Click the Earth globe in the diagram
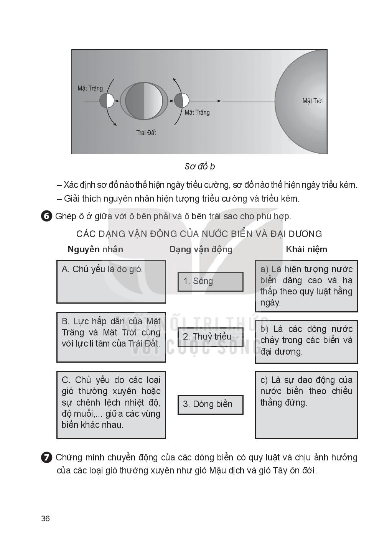tap(144, 101)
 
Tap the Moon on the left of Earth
tap(107, 101)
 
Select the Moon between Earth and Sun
tap(181, 100)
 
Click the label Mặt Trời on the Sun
tap(312, 101)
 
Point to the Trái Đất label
tap(146, 133)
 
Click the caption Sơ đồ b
tap(199, 166)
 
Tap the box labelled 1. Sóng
tap(210, 281)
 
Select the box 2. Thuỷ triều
tap(210, 337)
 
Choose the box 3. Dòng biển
tap(210, 404)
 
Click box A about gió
tap(111, 281)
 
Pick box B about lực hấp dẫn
tap(111, 337)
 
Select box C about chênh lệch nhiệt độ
tap(111, 404)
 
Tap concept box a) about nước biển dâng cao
tap(306, 286)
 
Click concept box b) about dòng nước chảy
tap(306, 341)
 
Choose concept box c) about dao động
tap(306, 404)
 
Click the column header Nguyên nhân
tap(95, 249)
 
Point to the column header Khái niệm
tap(306, 249)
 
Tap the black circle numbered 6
tap(46, 216)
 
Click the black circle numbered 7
tap(46, 457)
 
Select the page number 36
tap(45, 519)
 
